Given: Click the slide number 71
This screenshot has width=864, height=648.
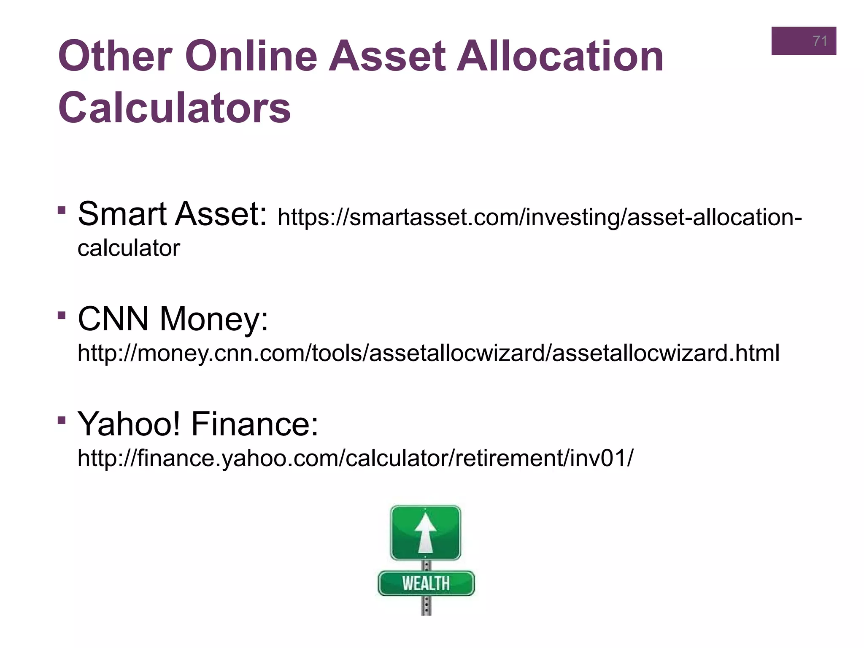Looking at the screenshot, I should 820,41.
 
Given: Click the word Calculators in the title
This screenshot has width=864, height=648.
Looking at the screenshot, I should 175,108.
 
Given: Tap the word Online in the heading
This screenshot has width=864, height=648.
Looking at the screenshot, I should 251,56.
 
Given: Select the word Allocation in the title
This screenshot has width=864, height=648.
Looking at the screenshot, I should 561,56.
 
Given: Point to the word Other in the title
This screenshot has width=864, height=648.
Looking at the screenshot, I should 115,56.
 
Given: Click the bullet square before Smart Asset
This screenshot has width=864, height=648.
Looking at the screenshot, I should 62,210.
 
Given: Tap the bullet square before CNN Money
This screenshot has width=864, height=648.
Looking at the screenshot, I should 62,315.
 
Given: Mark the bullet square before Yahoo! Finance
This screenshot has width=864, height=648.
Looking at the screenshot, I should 62,420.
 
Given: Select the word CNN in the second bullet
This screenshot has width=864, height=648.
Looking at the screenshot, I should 113,319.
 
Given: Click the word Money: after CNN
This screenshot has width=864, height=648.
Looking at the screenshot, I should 214,320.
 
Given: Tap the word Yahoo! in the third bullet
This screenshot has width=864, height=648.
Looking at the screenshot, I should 129,424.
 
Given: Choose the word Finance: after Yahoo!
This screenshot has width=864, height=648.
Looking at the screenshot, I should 255,424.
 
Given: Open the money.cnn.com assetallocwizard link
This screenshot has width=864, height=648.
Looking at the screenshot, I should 428,353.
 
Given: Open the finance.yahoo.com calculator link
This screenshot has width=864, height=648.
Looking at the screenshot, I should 355,458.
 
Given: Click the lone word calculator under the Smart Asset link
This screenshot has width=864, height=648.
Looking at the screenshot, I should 129,248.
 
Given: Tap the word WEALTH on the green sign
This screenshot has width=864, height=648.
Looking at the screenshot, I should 426,584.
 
